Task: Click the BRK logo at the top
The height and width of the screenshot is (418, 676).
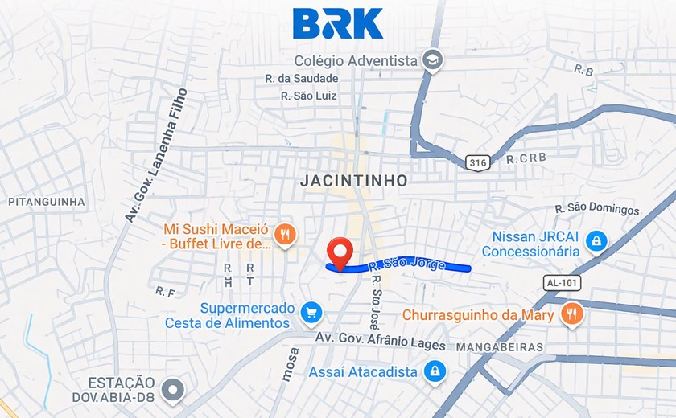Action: point(337,24)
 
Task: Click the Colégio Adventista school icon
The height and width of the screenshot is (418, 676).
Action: point(433,61)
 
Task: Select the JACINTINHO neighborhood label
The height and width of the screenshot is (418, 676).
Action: point(353,181)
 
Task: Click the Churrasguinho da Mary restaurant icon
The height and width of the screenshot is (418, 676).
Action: point(571,314)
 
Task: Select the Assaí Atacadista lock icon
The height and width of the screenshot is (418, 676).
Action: point(434,371)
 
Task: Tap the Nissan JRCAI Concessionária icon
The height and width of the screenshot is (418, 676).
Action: point(596,240)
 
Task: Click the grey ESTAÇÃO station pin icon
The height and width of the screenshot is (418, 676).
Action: point(172,391)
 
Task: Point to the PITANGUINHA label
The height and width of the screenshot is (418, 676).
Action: point(47,201)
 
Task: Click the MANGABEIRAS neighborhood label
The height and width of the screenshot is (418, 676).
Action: point(500,347)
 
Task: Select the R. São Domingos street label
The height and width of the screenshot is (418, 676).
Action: point(597,209)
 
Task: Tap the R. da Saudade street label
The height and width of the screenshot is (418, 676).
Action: point(302,79)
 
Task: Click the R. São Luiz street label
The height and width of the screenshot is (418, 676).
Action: point(309,96)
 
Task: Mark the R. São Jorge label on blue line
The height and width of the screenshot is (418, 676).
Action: point(406,264)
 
